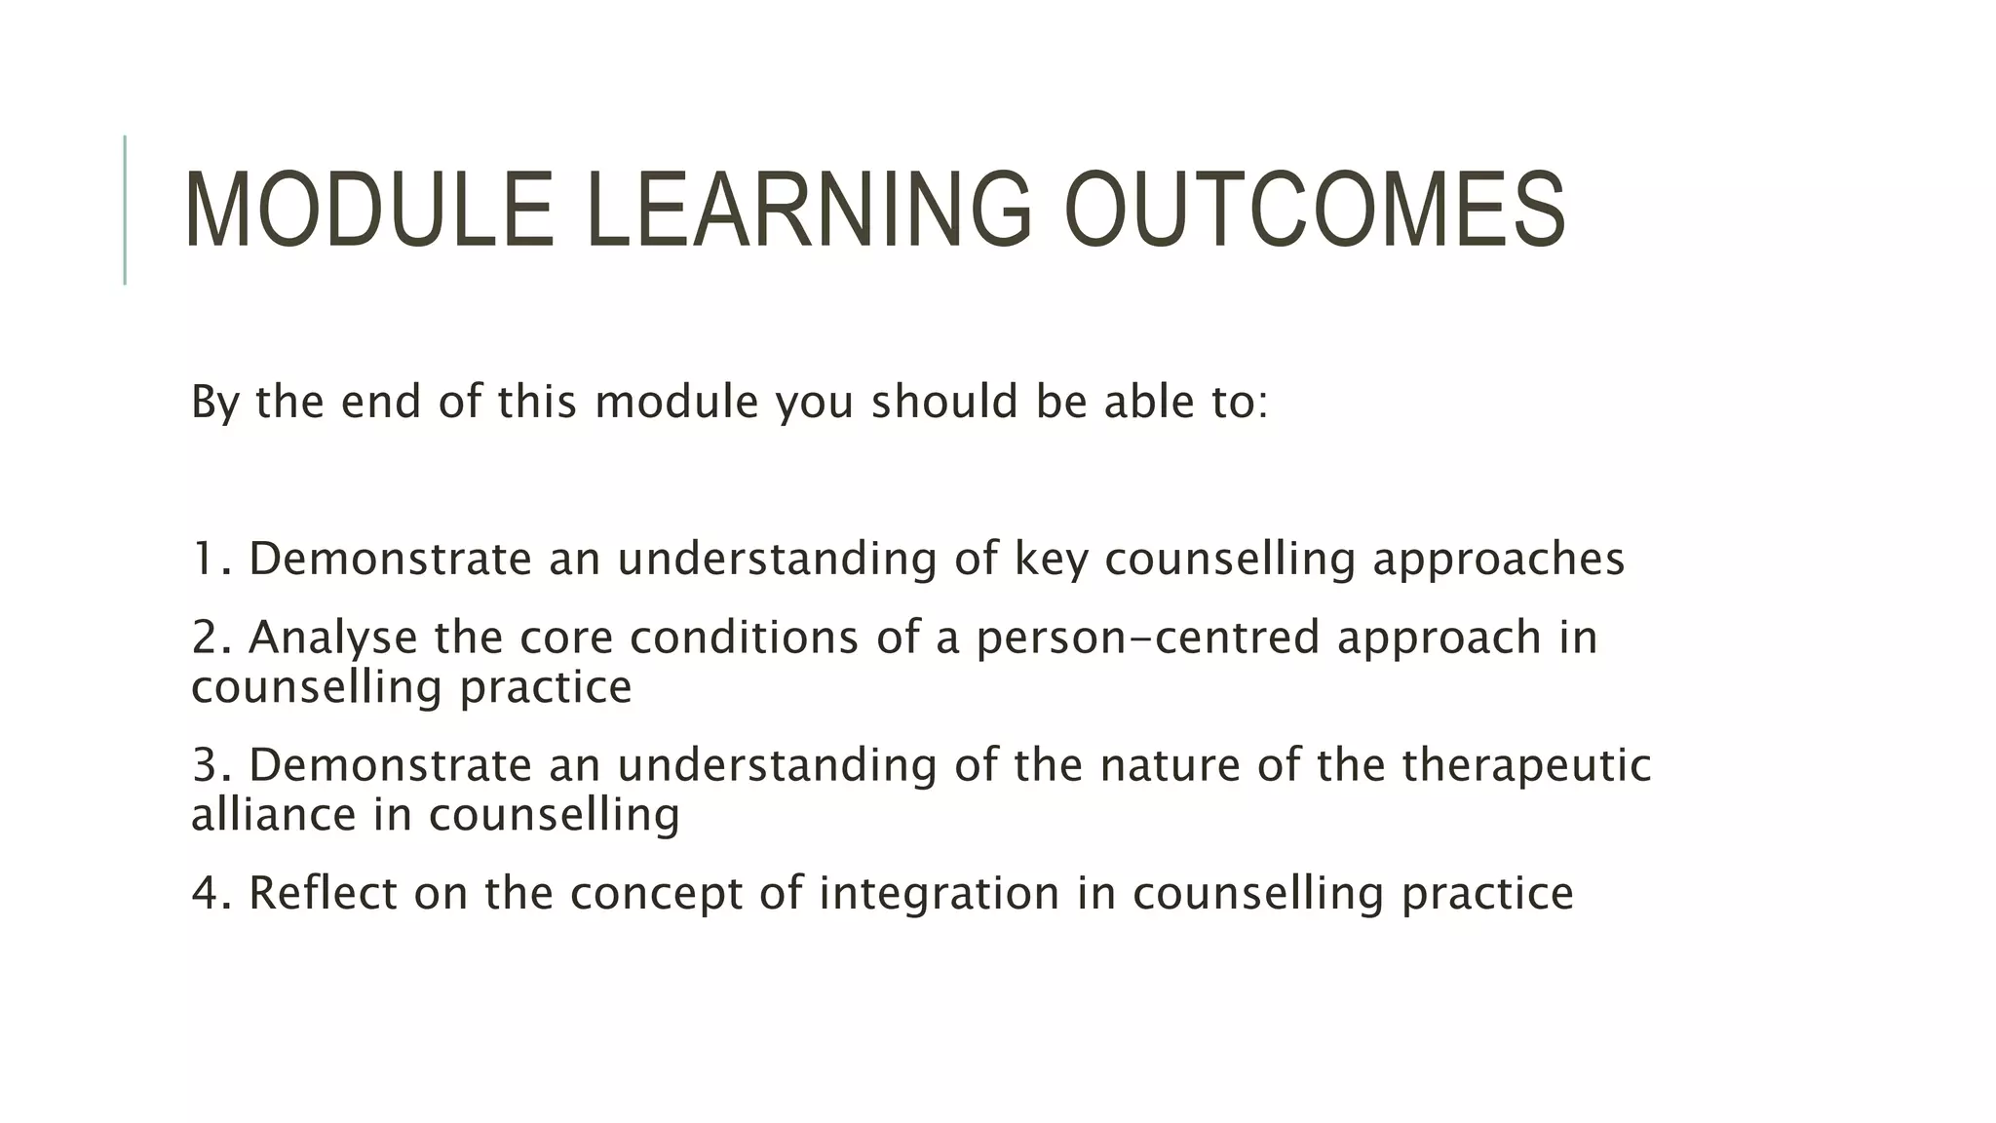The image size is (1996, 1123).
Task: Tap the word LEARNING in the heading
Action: click(x=809, y=210)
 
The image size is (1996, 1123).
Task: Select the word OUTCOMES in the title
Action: click(x=1314, y=210)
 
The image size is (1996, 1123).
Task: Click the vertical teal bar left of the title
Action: click(x=125, y=210)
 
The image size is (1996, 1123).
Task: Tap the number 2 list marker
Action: click(x=207, y=638)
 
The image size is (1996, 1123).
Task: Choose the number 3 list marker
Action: click(x=207, y=765)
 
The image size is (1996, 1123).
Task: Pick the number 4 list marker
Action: click(x=207, y=893)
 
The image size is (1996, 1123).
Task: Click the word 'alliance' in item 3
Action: click(x=274, y=815)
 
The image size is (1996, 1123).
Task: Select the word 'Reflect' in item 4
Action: click(x=323, y=893)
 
